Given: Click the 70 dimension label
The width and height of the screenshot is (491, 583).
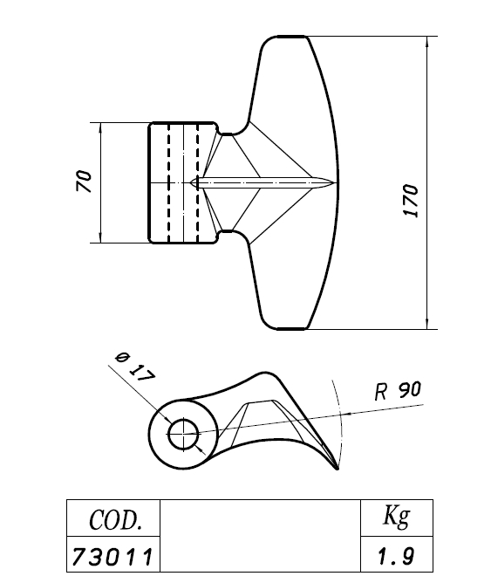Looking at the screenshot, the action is click(x=84, y=181).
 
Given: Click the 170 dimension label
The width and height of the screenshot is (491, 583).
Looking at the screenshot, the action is click(x=411, y=200).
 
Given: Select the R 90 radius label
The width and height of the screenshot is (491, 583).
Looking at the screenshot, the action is click(x=398, y=391).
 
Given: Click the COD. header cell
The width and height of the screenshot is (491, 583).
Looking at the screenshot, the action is click(x=113, y=518).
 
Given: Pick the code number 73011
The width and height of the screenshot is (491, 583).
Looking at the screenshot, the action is click(x=112, y=556).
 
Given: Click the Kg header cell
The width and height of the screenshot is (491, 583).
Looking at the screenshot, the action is click(x=397, y=518).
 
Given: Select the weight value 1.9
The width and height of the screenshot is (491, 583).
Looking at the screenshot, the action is click(x=396, y=556).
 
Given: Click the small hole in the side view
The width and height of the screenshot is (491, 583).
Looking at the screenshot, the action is click(x=183, y=434).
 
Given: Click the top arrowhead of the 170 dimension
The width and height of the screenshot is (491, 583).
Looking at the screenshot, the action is click(x=427, y=41).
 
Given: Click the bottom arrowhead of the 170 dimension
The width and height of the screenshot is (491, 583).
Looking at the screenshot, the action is click(x=427, y=324).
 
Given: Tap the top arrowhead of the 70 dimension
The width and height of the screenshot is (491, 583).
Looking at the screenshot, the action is click(x=100, y=127).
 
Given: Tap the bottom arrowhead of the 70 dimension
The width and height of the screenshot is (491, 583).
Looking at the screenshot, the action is click(x=100, y=238).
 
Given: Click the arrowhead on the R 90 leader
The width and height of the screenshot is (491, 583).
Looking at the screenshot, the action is click(x=345, y=414).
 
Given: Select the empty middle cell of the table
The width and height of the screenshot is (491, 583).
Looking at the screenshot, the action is click(x=260, y=536).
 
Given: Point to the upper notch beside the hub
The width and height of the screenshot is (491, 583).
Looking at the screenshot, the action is click(x=228, y=130).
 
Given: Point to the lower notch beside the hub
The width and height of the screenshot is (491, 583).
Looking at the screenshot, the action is click(x=228, y=236).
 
